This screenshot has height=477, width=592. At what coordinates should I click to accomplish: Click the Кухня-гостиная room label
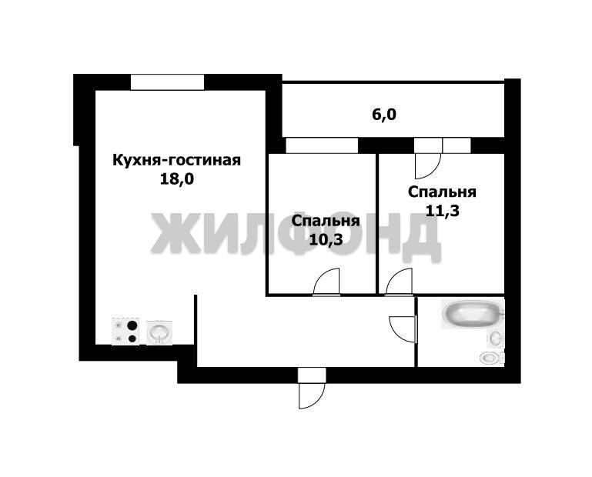177,161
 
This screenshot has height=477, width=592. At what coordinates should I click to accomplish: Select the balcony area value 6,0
384,115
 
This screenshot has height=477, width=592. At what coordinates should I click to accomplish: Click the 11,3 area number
443,211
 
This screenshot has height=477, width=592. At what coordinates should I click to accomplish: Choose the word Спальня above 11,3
443,192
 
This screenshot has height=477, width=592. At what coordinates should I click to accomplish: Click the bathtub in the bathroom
470,315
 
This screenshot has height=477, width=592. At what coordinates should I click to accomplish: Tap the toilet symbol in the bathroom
490,357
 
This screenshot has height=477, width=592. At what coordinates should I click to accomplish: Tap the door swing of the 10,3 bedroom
327,282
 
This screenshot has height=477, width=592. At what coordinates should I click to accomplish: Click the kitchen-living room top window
167,82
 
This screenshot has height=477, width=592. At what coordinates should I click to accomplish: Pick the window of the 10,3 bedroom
322,145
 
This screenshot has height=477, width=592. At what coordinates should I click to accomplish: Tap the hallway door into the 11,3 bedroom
399,282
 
